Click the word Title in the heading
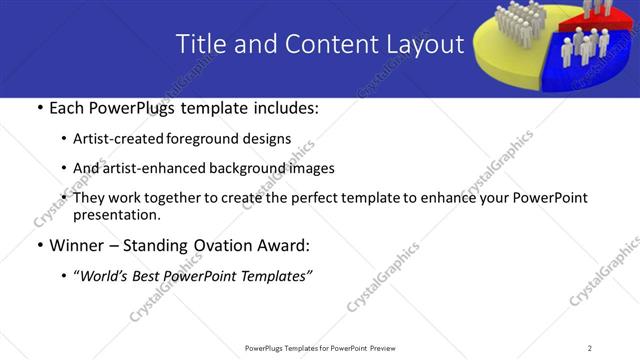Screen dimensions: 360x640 tap(200, 44)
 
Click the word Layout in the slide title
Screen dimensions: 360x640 tap(425, 44)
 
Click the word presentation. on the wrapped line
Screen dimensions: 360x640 tap(116, 215)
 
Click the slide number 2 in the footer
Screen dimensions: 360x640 tap(590, 348)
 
